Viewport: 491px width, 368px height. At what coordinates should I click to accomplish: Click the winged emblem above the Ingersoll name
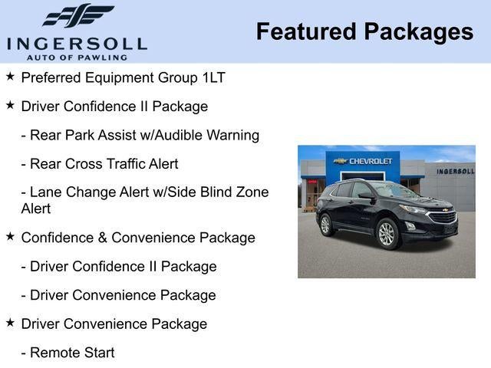(x=77, y=16)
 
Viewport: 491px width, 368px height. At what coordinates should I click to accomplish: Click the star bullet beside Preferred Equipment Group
(x=10, y=77)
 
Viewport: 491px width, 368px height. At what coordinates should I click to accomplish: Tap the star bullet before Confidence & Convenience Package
(x=10, y=237)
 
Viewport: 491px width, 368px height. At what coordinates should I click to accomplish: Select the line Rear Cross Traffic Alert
(x=100, y=164)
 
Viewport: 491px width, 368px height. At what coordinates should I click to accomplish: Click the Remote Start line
(x=68, y=353)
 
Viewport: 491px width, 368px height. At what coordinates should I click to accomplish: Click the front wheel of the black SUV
(x=387, y=233)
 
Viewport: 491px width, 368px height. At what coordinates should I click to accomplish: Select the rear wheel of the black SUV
(x=326, y=224)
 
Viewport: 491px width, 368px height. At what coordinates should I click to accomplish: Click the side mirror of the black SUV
(x=367, y=196)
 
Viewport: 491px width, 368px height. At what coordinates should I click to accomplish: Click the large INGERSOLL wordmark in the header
(x=77, y=43)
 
